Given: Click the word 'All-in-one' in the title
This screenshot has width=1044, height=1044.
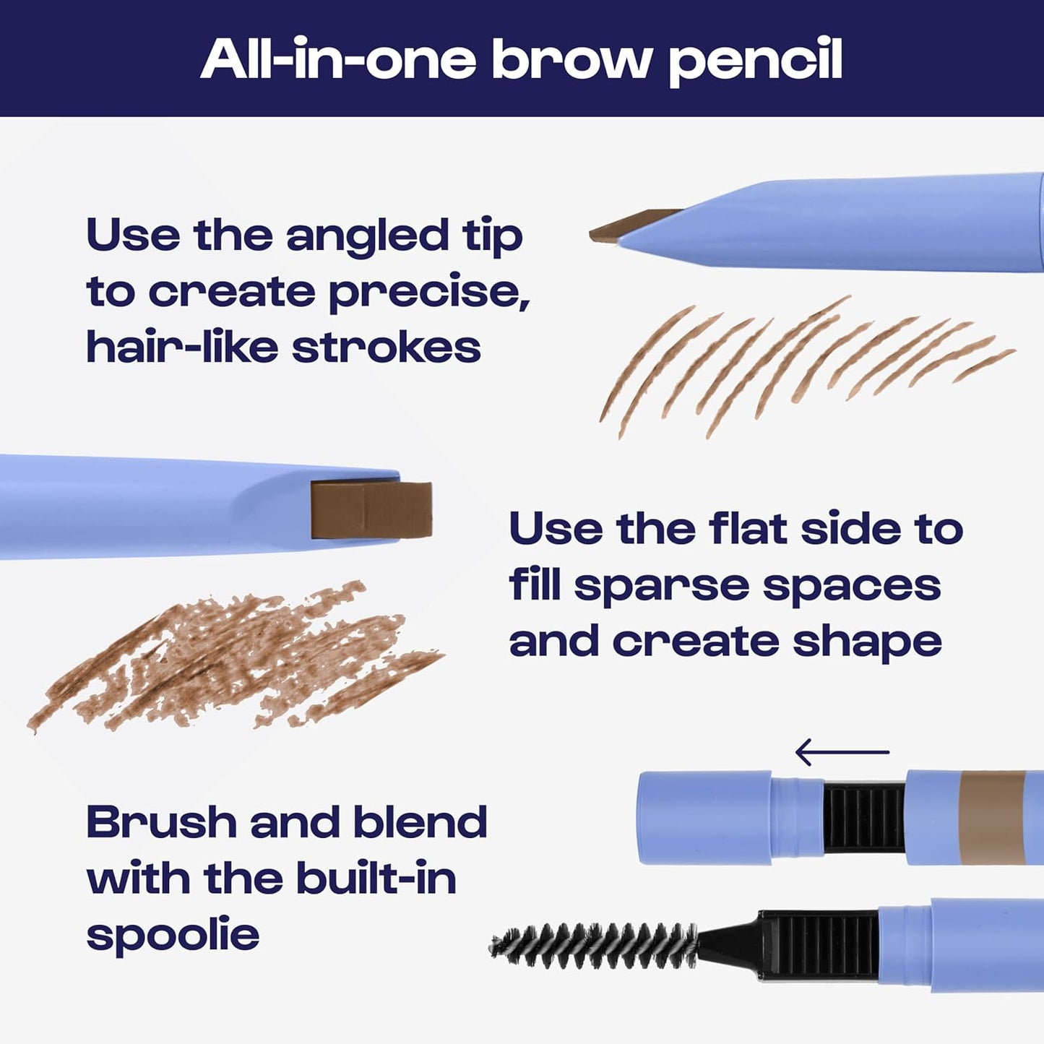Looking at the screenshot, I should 338,59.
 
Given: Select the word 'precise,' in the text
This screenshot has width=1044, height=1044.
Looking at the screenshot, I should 429,293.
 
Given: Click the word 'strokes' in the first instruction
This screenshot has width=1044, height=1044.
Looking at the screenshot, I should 386,347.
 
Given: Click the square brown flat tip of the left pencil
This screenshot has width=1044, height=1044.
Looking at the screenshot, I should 371,510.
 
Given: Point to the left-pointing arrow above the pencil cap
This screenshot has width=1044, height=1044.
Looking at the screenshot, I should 842,753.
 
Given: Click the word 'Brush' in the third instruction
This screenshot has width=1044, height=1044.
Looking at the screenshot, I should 161,823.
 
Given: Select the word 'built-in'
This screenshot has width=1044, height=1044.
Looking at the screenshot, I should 376,879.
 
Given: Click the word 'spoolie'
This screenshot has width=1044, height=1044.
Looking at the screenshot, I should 173,936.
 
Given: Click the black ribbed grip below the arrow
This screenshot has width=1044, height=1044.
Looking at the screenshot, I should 864,818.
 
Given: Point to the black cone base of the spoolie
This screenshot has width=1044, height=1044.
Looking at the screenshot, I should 727,944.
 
